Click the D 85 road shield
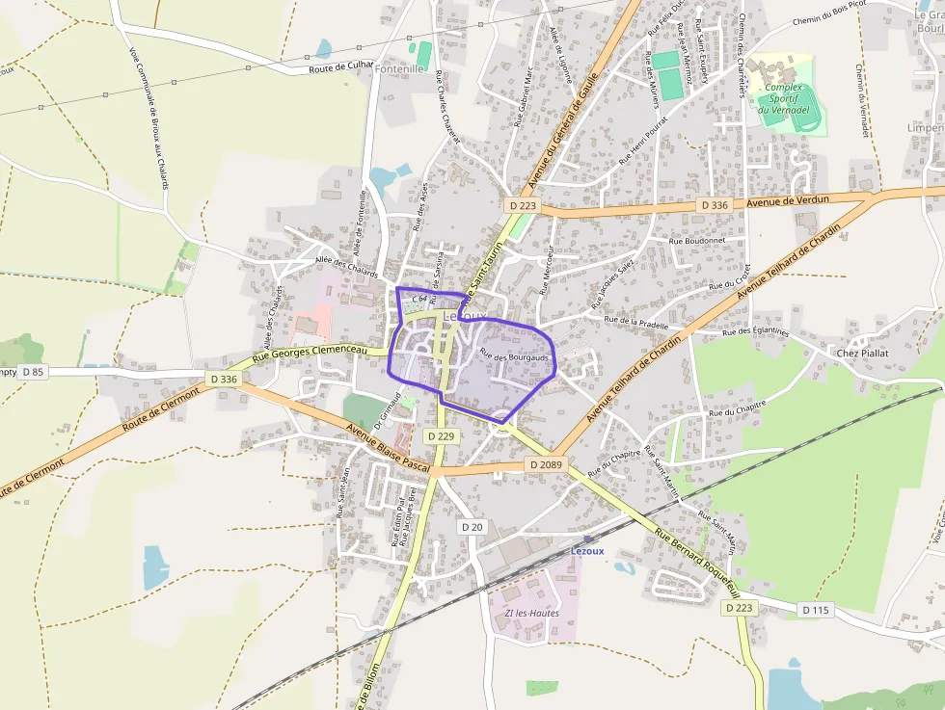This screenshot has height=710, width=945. pyautogui.click(x=32, y=372)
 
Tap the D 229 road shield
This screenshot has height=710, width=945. pyautogui.click(x=440, y=436)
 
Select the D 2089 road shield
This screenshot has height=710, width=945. pyautogui.click(x=545, y=465)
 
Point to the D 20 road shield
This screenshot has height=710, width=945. pyautogui.click(x=472, y=527)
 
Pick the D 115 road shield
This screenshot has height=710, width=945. pyautogui.click(x=816, y=610)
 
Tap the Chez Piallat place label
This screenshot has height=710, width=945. pyautogui.click(x=861, y=353)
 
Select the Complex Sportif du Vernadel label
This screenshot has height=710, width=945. pyautogui.click(x=783, y=98)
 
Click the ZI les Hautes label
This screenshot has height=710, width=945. pyautogui.click(x=531, y=613)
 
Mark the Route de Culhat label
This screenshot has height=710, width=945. pyautogui.click(x=340, y=66)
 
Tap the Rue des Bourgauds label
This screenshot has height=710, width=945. pyautogui.click(x=514, y=356)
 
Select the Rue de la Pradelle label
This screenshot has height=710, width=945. pyautogui.click(x=635, y=323)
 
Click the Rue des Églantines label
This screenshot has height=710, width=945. pyautogui.click(x=757, y=331)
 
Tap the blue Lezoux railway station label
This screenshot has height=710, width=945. pyautogui.click(x=587, y=550)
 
